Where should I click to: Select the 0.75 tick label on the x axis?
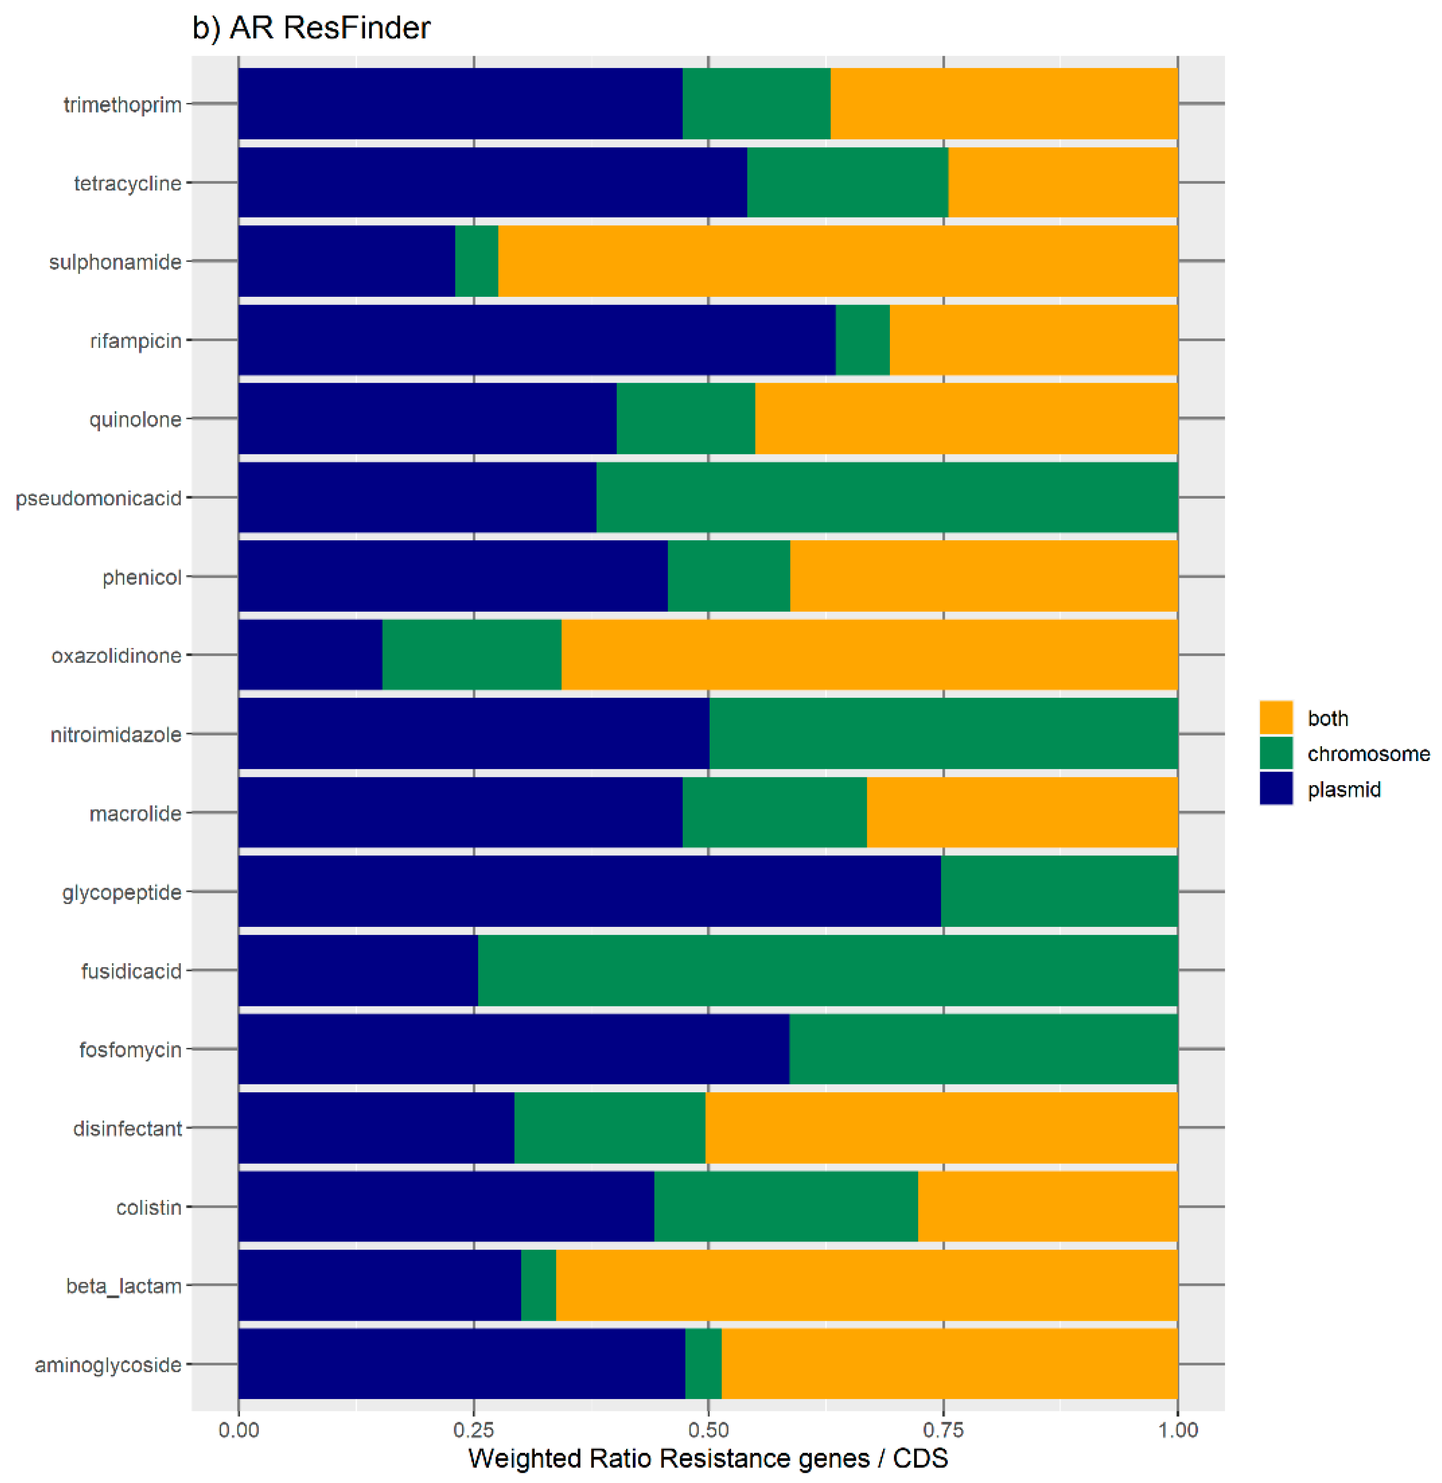(943, 1430)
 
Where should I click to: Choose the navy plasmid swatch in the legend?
(1276, 789)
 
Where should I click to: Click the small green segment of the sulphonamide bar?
(476, 261)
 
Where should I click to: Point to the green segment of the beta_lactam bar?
(538, 1285)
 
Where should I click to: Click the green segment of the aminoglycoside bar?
(703, 1364)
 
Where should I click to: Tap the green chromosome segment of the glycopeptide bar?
(1059, 891)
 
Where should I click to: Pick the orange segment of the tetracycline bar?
(1063, 182)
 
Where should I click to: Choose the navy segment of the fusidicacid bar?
(357, 970)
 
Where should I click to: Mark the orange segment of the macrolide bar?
(1022, 812)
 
